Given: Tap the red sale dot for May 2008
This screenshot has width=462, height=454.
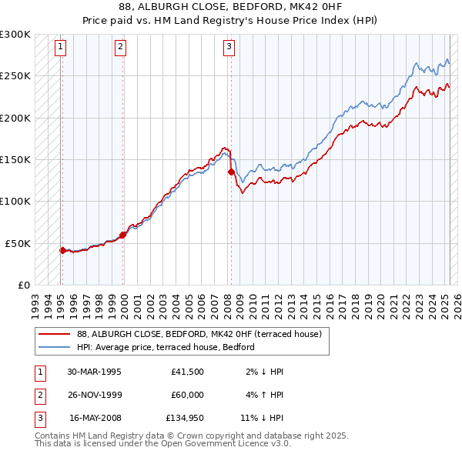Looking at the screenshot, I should click(230, 172).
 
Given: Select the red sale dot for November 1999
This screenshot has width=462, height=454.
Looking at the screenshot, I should click(123, 235).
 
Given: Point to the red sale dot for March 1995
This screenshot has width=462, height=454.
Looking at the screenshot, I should click(62, 250).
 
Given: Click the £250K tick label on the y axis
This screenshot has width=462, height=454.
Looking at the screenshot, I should click(15, 76).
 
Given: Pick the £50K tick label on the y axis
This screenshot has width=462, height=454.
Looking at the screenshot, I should click(18, 243).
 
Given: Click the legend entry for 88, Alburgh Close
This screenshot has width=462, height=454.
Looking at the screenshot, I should click(203, 334).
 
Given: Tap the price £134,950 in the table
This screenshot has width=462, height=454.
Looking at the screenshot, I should click(185, 419).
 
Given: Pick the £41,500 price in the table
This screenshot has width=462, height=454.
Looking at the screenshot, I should click(188, 371).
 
